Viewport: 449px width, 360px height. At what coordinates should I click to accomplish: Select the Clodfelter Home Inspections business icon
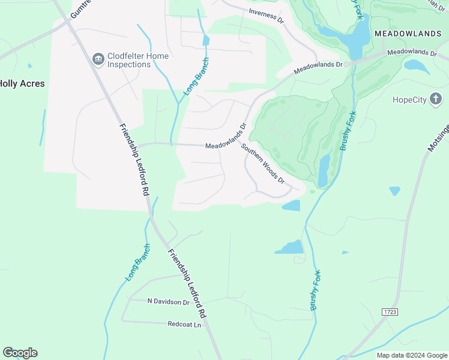point(98,59)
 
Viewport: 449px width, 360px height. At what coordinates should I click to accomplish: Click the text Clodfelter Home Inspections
point(137,60)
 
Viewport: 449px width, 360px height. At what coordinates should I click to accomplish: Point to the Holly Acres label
point(22,84)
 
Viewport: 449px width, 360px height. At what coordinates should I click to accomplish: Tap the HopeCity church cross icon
point(436,99)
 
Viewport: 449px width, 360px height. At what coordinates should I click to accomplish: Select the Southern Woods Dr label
point(262,163)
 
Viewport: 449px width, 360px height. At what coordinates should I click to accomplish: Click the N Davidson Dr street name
point(168,301)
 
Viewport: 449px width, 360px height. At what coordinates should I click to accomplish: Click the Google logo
point(20,352)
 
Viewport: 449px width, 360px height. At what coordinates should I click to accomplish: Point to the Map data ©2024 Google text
point(411,355)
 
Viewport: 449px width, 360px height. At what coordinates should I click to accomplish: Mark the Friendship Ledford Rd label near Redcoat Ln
point(188,283)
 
